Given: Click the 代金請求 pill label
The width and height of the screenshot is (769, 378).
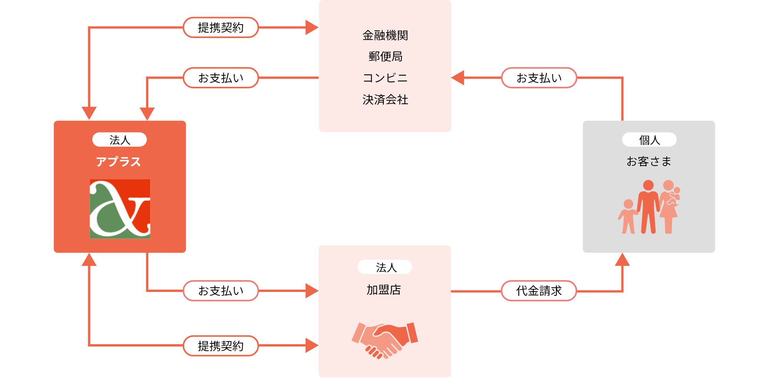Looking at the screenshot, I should pyautogui.click(x=539, y=291).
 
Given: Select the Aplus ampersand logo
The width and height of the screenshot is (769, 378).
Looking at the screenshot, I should pyautogui.click(x=120, y=209).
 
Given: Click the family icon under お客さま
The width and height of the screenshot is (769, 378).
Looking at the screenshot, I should pyautogui.click(x=649, y=207).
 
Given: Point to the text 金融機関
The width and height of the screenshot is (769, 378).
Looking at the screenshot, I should pyautogui.click(x=385, y=35).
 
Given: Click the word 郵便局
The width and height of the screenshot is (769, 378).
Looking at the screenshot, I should pyautogui.click(x=385, y=56).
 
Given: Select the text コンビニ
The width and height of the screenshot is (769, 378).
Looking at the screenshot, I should pyautogui.click(x=385, y=78).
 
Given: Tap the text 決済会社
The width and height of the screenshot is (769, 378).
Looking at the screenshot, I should pyautogui.click(x=385, y=99).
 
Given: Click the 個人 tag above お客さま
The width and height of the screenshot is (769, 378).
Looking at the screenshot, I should pyautogui.click(x=649, y=140).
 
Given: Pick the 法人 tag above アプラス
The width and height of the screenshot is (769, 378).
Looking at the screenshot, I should pyautogui.click(x=120, y=140).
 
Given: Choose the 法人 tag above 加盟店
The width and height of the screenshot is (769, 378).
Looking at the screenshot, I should pyautogui.click(x=385, y=267).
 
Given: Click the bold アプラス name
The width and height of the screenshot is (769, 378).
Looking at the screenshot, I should pyautogui.click(x=118, y=162).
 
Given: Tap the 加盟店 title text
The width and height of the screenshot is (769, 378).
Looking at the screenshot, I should pyautogui.click(x=384, y=290).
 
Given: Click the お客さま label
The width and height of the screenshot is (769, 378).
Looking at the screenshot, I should pyautogui.click(x=649, y=161).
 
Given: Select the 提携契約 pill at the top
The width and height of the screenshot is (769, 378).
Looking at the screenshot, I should pyautogui.click(x=221, y=28).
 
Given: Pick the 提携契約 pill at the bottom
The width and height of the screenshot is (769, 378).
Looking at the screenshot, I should pyautogui.click(x=221, y=346).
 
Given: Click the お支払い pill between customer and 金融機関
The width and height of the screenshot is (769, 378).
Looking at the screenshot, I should pyautogui.click(x=539, y=78).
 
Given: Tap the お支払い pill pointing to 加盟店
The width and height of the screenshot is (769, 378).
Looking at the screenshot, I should pyautogui.click(x=221, y=291).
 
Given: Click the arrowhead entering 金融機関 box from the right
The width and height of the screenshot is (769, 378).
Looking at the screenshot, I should pyautogui.click(x=458, y=78).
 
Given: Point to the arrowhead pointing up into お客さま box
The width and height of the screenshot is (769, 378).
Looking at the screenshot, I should pyautogui.click(x=622, y=260).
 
